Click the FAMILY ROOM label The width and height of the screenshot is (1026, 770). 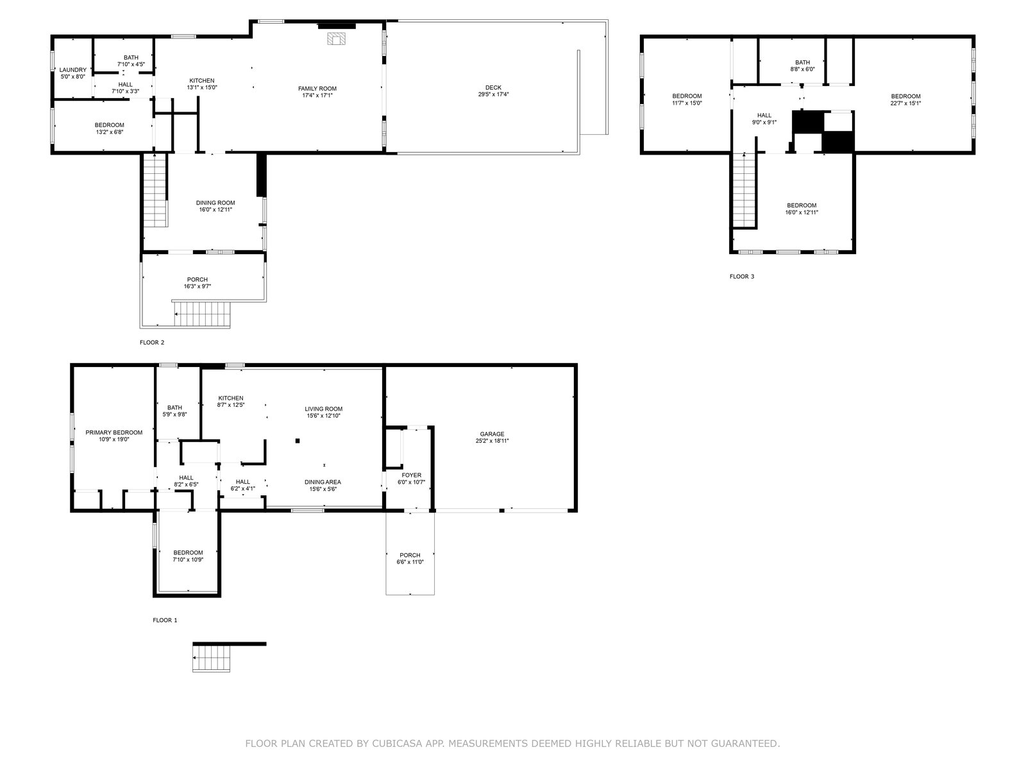(317, 89)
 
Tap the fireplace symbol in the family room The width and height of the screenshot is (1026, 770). (336, 38)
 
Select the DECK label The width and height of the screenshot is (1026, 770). (493, 87)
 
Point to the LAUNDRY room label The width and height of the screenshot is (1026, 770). (73, 70)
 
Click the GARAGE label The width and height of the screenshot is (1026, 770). (492, 434)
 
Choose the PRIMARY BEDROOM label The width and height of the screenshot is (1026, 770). (114, 432)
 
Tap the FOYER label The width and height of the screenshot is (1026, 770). (411, 475)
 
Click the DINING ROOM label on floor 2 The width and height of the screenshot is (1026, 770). (215, 203)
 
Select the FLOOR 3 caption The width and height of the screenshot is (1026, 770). (742, 277)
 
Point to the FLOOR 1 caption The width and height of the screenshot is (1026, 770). (165, 620)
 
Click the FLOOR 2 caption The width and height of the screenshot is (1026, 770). (152, 342)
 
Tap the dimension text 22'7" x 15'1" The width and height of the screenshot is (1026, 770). (905, 103)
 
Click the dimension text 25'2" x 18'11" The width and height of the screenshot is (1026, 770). (492, 440)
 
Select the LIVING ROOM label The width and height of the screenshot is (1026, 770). (323, 409)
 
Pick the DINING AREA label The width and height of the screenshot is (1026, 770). (323, 482)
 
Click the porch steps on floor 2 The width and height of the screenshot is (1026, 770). (203, 314)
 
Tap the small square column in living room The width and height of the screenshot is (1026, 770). (298, 440)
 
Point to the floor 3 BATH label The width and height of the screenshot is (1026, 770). (803, 62)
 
